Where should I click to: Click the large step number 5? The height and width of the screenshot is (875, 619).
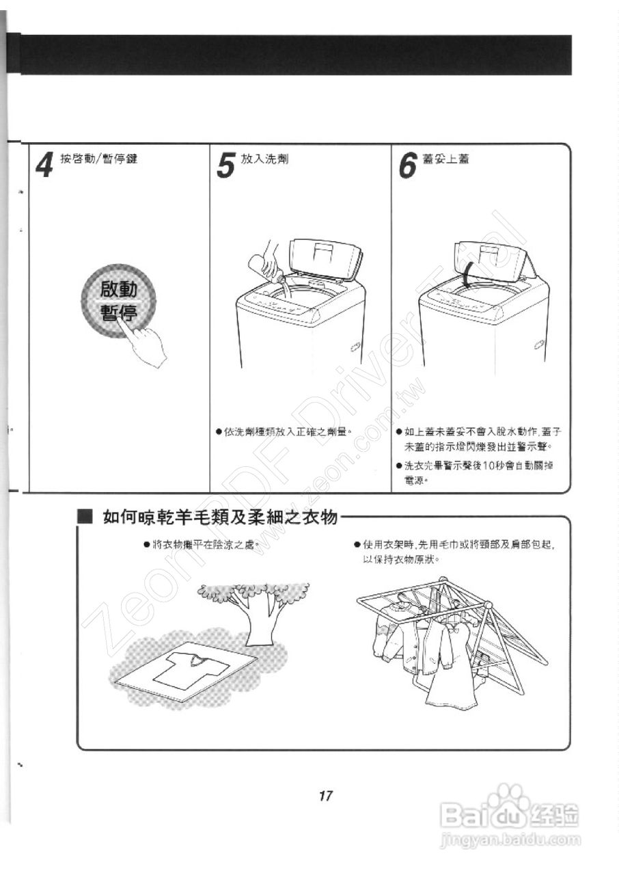coord(225,165)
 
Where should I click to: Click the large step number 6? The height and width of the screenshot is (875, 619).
coord(408,165)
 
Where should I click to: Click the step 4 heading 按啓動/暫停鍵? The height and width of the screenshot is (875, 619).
coord(98,159)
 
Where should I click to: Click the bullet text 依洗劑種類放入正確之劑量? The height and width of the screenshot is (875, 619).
coord(287,431)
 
